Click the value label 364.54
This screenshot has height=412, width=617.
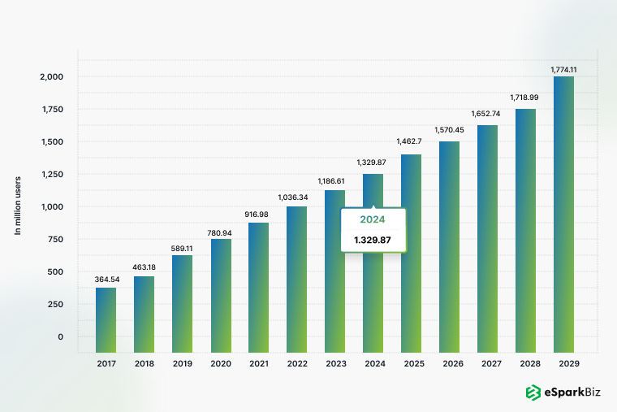point(106,280)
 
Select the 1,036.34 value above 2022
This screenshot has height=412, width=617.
point(296,197)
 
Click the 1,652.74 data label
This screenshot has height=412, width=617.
point(487,114)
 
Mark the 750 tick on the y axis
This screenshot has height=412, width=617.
point(54,240)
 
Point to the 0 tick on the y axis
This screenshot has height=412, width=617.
point(60,337)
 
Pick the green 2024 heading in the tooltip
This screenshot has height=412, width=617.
point(373,219)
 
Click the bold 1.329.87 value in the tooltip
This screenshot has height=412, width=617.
point(373,240)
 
